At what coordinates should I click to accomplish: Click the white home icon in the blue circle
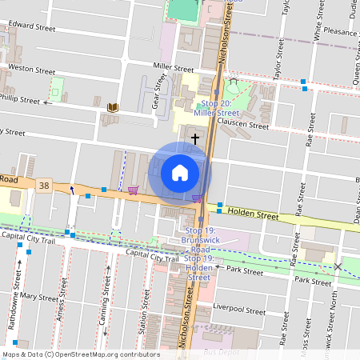[x=180, y=173]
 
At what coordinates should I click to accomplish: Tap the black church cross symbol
[x=194, y=139]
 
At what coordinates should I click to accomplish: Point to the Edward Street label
[x=33, y=26]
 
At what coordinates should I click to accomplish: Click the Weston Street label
[x=30, y=70]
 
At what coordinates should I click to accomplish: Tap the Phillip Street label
[x=20, y=101]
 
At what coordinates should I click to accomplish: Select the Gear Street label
[x=158, y=93]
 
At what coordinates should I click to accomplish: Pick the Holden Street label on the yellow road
[x=252, y=214]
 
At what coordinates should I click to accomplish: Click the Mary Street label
[x=39, y=297]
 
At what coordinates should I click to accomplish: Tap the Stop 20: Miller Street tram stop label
[x=217, y=109]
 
